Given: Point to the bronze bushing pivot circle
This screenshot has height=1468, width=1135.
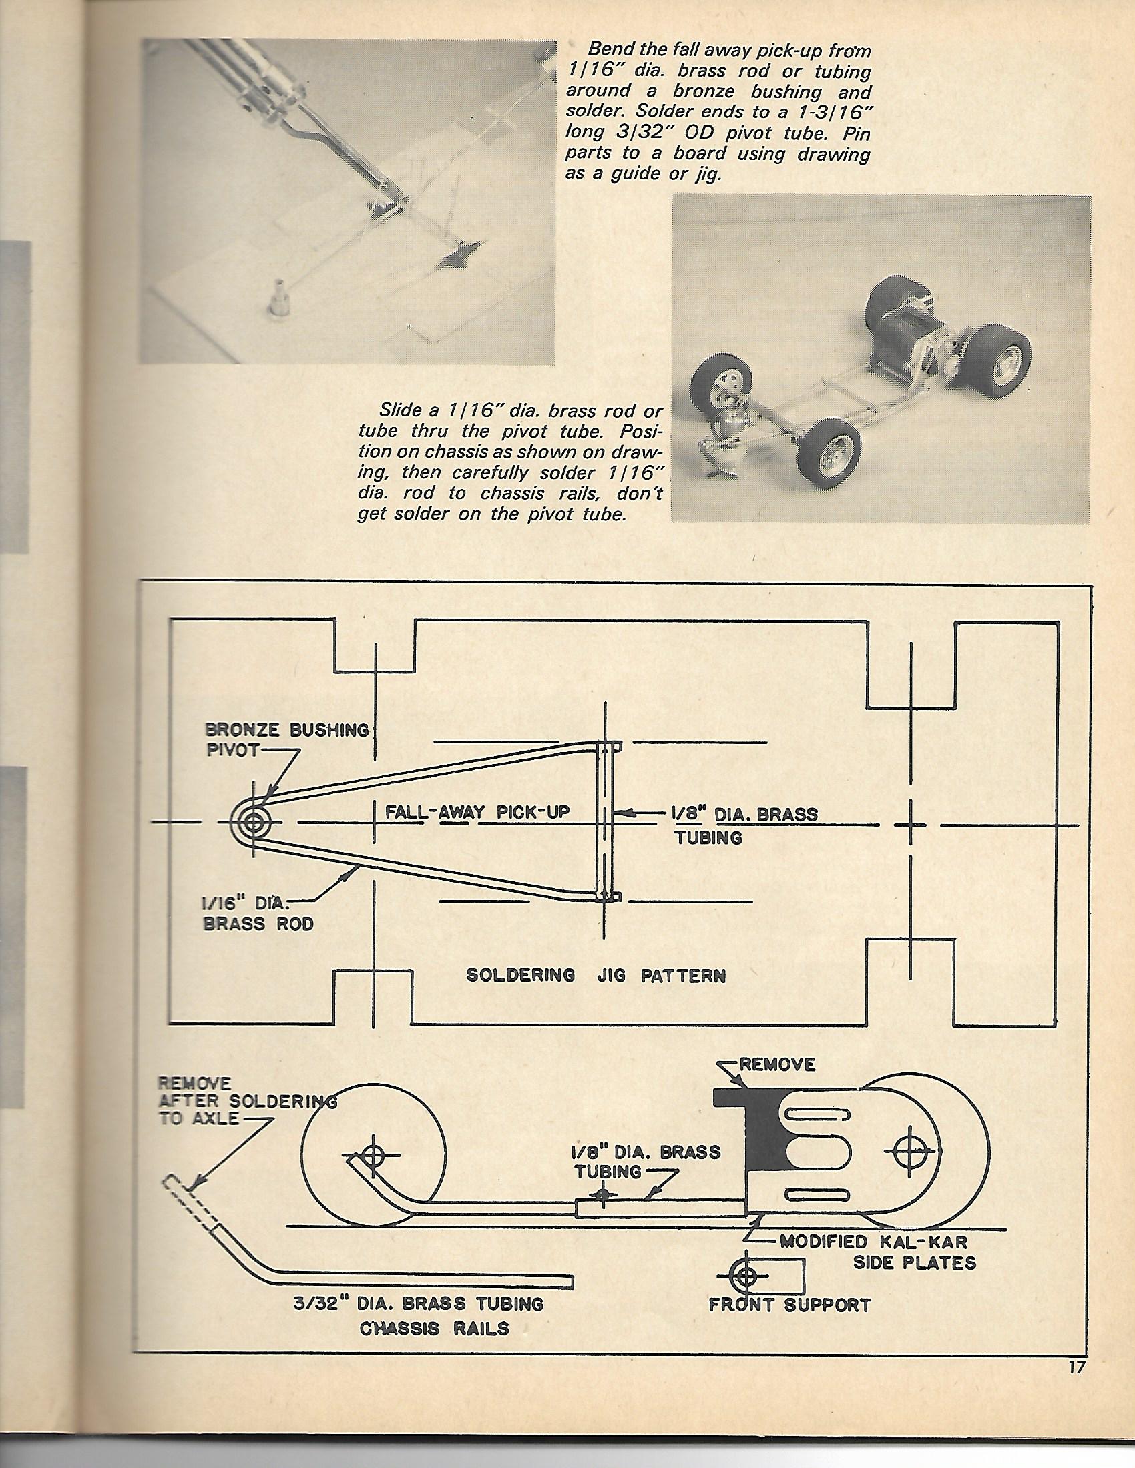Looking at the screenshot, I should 255,821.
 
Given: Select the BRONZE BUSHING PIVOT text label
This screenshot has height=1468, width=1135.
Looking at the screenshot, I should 288,739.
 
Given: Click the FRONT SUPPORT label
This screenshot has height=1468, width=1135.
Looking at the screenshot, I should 789,1305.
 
